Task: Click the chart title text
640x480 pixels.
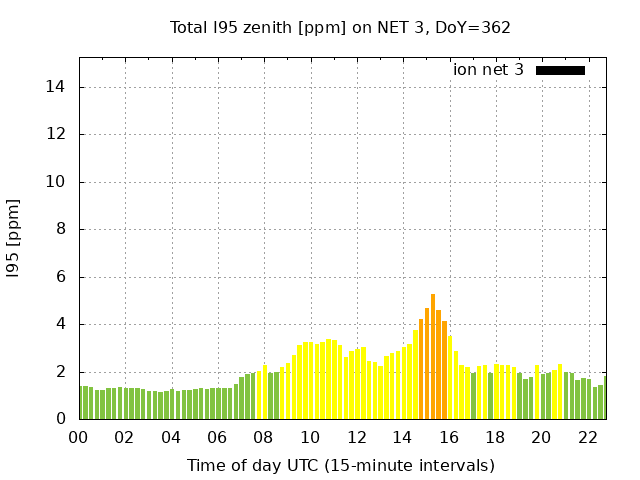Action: (340, 27)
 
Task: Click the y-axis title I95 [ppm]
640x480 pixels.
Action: (14, 239)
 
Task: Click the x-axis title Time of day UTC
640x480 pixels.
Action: (340, 465)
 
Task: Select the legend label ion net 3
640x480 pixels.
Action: (488, 70)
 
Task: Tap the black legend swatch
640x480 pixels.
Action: (560, 70)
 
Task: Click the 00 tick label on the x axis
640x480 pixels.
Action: (78, 438)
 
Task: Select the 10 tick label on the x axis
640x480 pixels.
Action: (310, 438)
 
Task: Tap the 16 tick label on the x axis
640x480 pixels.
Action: (449, 438)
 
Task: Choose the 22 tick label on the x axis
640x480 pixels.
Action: (588, 438)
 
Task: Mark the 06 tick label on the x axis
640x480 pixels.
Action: (217, 438)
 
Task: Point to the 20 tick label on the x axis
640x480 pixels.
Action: (541, 438)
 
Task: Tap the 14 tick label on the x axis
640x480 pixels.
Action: (402, 438)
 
